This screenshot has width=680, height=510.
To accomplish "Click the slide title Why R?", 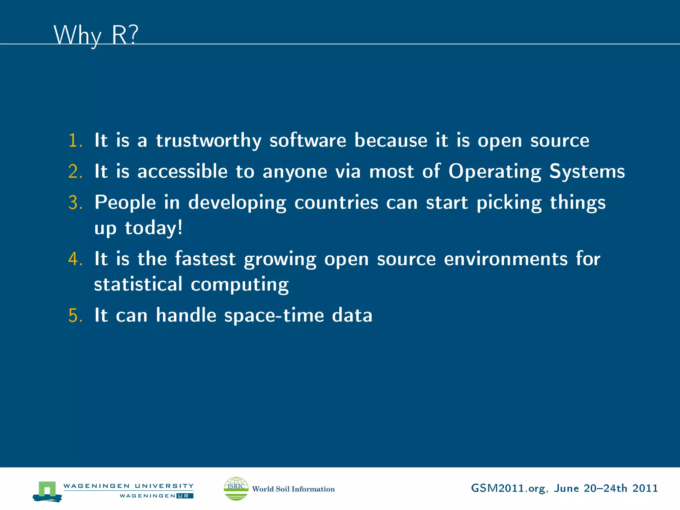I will pyautogui.click(x=96, y=35).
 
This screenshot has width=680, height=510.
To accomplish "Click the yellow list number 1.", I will pyautogui.click(x=75, y=140).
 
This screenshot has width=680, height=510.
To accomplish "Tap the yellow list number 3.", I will pyautogui.click(x=75, y=203).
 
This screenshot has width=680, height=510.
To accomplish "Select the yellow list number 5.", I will pyautogui.click(x=75, y=315).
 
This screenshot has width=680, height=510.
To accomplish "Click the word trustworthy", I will pyautogui.click(x=209, y=141).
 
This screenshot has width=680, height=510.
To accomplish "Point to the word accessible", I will pyautogui.click(x=182, y=171).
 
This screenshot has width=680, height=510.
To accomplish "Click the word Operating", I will pyautogui.click(x=495, y=172).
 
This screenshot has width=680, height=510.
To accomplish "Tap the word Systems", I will pyautogui.click(x=587, y=171).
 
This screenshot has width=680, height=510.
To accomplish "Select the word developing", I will pyautogui.click(x=237, y=203).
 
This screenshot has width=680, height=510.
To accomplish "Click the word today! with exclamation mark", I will pyautogui.click(x=154, y=228).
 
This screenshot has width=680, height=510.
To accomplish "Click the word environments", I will pyautogui.click(x=506, y=259).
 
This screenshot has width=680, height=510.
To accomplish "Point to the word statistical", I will pyautogui.click(x=138, y=284).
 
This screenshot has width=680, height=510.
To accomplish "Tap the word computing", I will pyautogui.click(x=239, y=285).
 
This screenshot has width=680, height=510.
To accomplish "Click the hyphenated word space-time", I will pyautogui.click(x=274, y=315).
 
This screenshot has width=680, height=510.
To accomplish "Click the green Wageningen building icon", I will pyautogui.click(x=47, y=491).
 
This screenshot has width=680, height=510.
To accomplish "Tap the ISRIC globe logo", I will pyautogui.click(x=236, y=488).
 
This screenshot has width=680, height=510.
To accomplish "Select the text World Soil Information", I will pyautogui.click(x=294, y=489).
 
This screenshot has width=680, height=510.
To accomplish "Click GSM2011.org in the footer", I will pyautogui.click(x=508, y=488).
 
